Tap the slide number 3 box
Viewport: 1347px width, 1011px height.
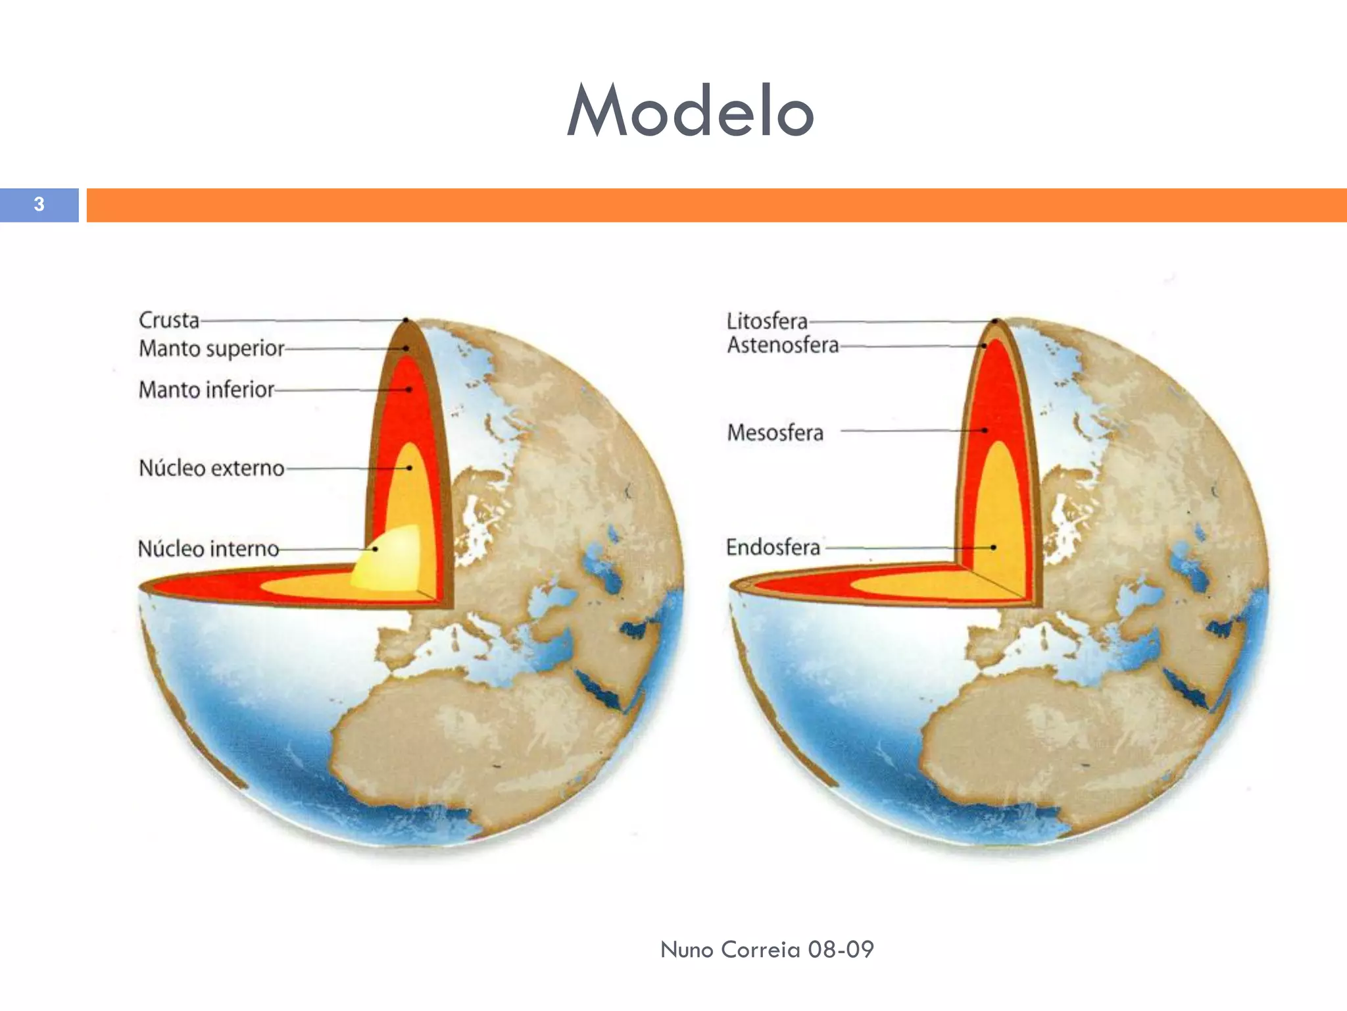tap(39, 205)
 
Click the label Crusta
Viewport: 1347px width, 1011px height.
tap(169, 320)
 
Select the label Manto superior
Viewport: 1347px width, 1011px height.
tap(211, 348)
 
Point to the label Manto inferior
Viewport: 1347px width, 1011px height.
tap(206, 390)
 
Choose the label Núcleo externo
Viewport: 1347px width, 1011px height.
tap(211, 468)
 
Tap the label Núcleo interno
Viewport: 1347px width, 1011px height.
tap(208, 548)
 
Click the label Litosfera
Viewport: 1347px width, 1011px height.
tap(767, 321)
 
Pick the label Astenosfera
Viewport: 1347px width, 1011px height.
tap(783, 345)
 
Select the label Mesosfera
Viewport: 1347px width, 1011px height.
tap(775, 432)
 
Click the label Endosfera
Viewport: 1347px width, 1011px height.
tap(773, 547)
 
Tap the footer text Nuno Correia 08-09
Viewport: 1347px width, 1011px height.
tap(767, 949)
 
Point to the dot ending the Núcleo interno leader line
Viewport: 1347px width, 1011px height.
tap(376, 549)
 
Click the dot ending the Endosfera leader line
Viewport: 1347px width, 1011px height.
tap(993, 547)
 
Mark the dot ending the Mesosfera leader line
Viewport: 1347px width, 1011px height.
tap(985, 430)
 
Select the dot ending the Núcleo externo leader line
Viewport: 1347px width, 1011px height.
tap(409, 468)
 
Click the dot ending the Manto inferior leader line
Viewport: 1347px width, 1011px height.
tap(409, 390)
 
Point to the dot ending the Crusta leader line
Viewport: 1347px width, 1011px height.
tap(406, 321)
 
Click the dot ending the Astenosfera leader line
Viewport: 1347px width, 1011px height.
tap(985, 346)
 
